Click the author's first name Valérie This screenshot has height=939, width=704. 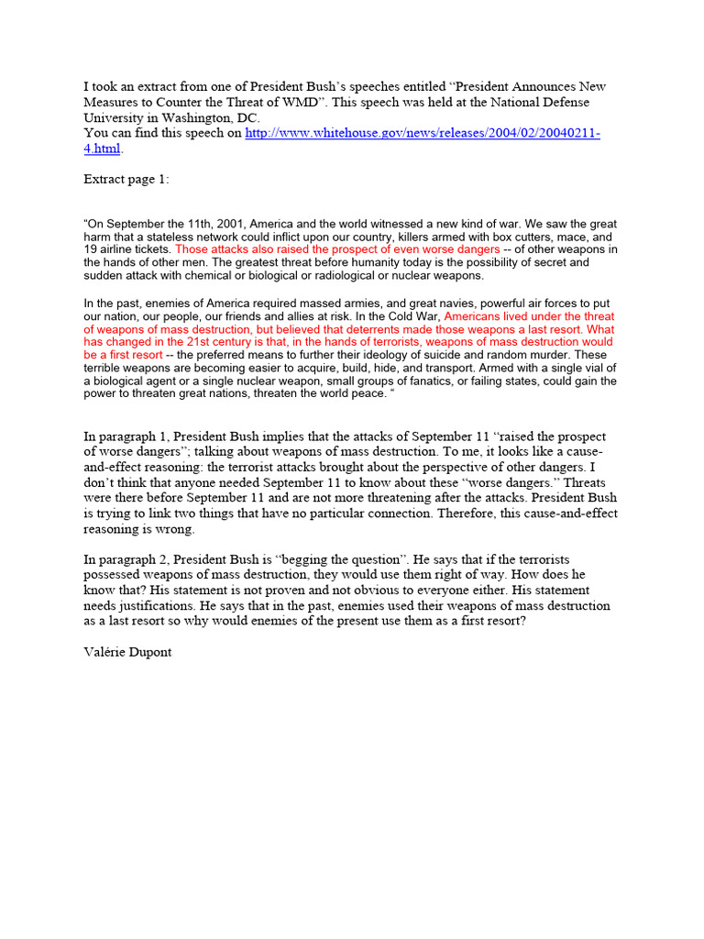105,653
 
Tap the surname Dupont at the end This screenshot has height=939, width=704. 152,653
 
